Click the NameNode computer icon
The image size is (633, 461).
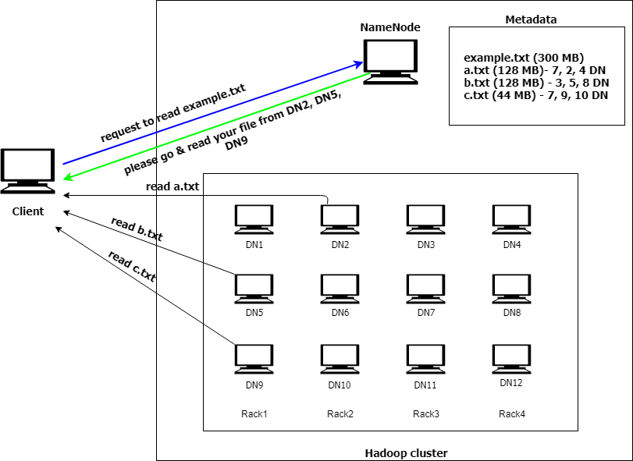click(x=390, y=60)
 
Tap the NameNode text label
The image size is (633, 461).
click(x=390, y=27)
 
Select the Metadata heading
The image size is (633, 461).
click(x=531, y=20)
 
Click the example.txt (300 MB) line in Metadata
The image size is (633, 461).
click(x=524, y=58)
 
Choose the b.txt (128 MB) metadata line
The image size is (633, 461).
click(x=535, y=83)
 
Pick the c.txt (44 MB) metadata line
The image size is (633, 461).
click(x=535, y=95)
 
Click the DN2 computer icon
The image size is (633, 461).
click(x=340, y=219)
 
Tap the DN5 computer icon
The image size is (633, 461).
click(x=254, y=288)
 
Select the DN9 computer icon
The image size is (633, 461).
click(x=254, y=360)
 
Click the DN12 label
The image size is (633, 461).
click(x=511, y=382)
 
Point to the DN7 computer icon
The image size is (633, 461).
click(x=425, y=288)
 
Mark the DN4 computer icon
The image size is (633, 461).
click(x=511, y=219)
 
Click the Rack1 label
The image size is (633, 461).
click(x=254, y=414)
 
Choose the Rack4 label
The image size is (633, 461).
click(x=512, y=414)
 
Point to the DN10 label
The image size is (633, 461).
click(x=340, y=385)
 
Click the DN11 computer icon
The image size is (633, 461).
click(x=425, y=360)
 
